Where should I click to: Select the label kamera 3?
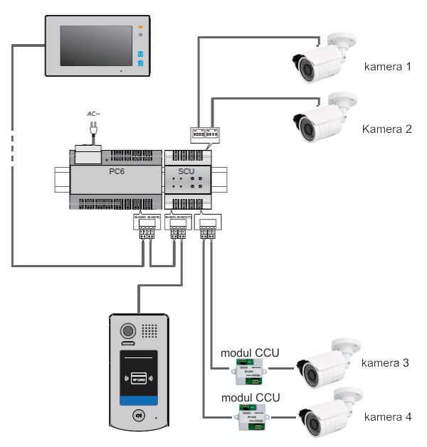click(385, 363)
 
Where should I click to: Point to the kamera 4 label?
click(387, 416)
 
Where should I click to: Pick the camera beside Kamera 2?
click(324, 117)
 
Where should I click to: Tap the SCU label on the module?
click(186, 172)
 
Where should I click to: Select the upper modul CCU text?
click(250, 352)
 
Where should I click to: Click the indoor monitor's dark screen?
click(96, 46)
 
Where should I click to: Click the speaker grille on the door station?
click(149, 331)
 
